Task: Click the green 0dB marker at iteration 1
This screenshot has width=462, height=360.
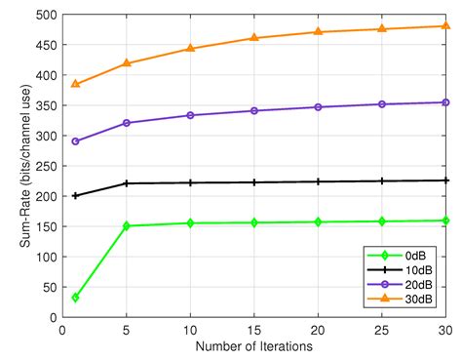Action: coord(75,297)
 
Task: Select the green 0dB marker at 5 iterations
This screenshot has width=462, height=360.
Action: coord(127,225)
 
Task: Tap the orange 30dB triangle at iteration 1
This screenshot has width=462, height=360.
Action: coord(75,84)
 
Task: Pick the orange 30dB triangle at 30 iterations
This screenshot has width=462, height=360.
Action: coord(446,26)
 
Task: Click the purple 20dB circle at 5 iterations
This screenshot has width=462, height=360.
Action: coord(127,123)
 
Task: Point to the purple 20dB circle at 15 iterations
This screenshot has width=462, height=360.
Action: coord(254,110)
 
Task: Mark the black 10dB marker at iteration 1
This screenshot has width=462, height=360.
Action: coord(75,195)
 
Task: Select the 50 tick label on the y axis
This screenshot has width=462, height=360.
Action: coord(48,287)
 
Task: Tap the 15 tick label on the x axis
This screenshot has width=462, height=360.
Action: coord(254,330)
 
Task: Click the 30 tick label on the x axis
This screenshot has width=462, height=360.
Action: coord(445,330)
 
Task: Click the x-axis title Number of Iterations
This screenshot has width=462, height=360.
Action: coord(254,346)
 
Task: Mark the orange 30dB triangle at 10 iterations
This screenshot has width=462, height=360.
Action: coord(191,48)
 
